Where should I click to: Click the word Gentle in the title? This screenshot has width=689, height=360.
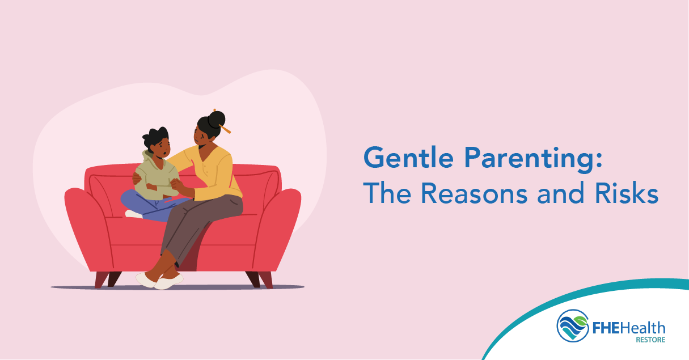(408, 157)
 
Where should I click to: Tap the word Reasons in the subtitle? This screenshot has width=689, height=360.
(474, 193)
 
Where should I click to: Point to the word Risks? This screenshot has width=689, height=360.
(627, 193)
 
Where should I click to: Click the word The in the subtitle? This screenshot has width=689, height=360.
(387, 193)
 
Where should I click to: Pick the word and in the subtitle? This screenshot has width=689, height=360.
(561, 193)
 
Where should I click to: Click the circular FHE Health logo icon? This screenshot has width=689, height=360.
(573, 326)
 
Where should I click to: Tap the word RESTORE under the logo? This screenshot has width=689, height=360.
(650, 340)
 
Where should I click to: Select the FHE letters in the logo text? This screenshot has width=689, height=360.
(606, 328)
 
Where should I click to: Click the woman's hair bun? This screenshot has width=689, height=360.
(217, 120)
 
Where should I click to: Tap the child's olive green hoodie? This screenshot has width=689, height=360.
(157, 177)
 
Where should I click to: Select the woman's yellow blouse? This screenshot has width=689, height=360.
(212, 173)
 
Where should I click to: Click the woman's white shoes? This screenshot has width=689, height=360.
(160, 281)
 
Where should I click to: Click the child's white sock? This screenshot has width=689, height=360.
(134, 214)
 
